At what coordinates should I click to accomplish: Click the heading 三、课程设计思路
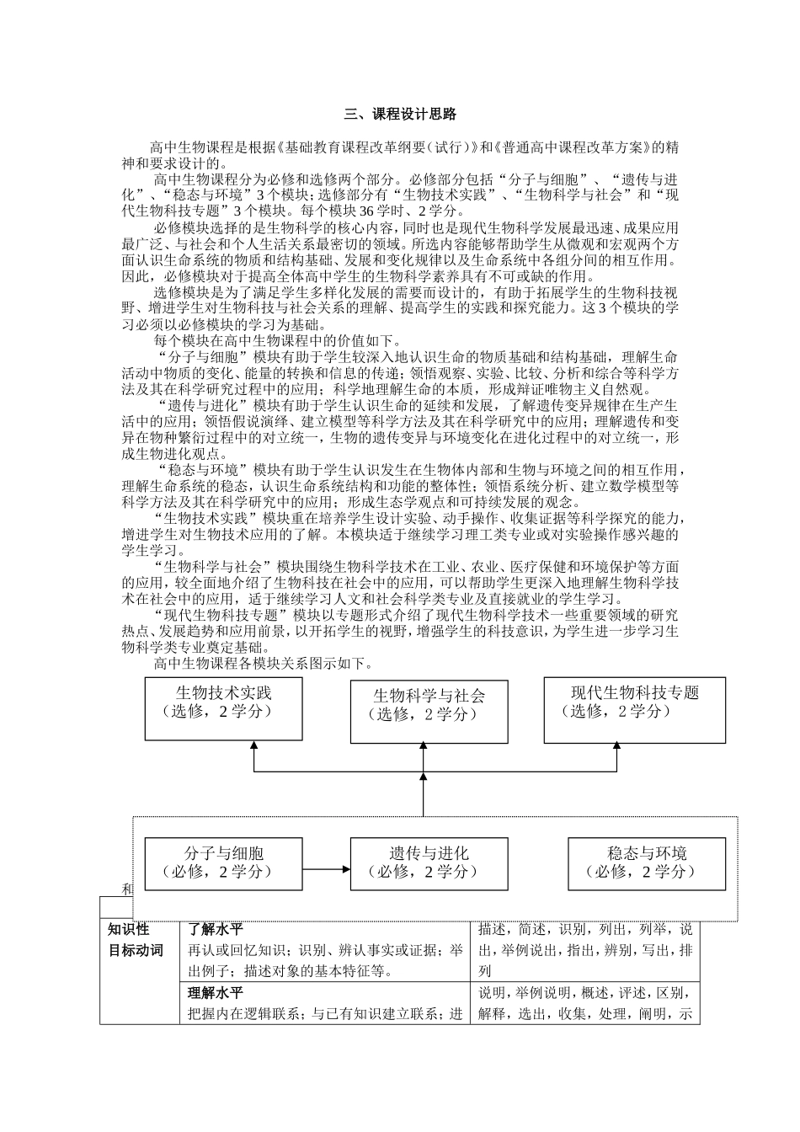pos(400,115)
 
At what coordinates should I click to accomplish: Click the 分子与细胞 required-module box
pos(223,862)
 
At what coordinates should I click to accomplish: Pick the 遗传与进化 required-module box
pos(429,862)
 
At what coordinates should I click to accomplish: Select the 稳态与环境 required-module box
pos(646,862)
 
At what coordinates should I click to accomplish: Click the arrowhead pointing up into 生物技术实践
pos(253,745)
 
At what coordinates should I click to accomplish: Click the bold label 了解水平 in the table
pos(215,931)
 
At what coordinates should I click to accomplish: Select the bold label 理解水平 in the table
pos(215,992)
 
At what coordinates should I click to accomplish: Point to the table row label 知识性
pos(129,930)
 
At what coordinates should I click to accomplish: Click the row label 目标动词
pos(136,951)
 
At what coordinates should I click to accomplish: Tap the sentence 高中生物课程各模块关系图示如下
pos(263,664)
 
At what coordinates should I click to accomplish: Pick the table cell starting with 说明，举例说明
pos(584,1003)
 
